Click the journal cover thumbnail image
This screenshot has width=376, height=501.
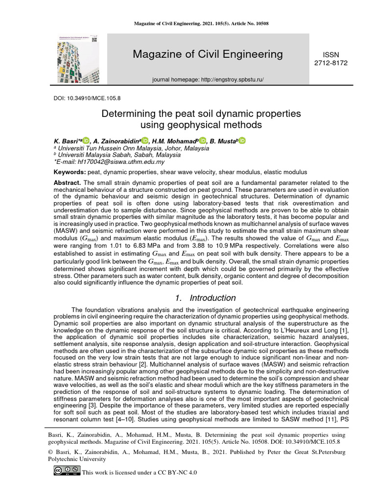pos(78,59)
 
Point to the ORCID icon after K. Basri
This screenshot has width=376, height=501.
pos(86,141)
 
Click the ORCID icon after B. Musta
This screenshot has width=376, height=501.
pos(242,141)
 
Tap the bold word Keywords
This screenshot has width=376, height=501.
pos(69,172)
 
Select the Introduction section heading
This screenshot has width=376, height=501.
pos(206,298)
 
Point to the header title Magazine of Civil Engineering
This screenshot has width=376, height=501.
pos(208,54)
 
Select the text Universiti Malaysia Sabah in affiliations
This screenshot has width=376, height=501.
pos(91,155)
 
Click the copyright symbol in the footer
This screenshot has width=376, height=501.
pos(50,453)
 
